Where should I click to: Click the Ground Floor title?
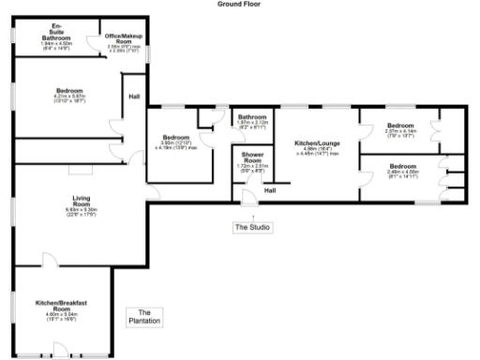pos(239,4)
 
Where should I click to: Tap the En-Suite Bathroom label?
pos(56,31)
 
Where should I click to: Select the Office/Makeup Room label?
pos(123,38)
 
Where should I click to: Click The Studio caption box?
pos(252,227)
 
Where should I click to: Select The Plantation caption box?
pos(143,317)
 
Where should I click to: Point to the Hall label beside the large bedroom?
pos(134,96)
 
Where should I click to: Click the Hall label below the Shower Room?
pos(269,191)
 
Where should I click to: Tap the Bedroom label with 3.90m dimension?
pos(175,137)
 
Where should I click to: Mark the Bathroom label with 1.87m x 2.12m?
pos(251,116)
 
